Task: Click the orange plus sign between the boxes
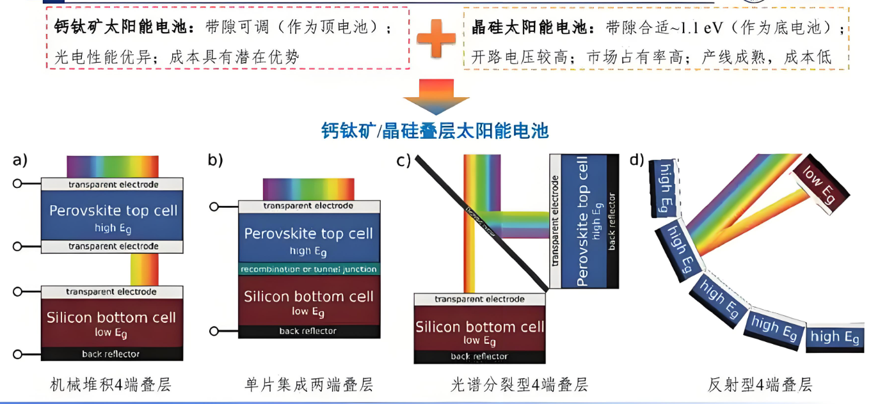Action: click(436, 38)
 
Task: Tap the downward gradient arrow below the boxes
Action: click(436, 97)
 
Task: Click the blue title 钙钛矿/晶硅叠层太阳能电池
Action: click(435, 131)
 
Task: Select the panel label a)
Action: click(20, 160)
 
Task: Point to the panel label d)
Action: click(637, 160)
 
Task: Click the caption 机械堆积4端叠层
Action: click(111, 384)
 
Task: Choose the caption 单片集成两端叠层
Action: click(308, 384)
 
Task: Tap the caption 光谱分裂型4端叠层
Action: click(519, 384)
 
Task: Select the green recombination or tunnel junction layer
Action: click(308, 269)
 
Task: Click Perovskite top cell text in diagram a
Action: click(113, 211)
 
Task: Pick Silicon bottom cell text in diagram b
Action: click(308, 297)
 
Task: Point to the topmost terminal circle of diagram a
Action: click(18, 184)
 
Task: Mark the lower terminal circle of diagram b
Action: click(216, 331)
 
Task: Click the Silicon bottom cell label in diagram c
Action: click(479, 327)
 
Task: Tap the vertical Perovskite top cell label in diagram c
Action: click(582, 221)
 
